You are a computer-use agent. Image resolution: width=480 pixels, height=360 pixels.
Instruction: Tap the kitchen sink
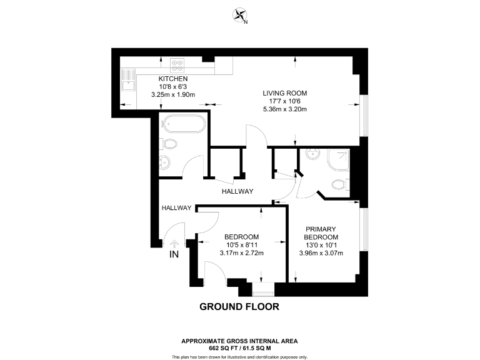(x=129, y=81)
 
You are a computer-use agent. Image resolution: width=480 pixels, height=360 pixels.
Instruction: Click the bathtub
(x=182, y=124)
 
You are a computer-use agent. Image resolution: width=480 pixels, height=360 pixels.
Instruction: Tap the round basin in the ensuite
(x=312, y=156)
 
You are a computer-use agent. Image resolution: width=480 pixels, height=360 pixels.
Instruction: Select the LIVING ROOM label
(x=284, y=93)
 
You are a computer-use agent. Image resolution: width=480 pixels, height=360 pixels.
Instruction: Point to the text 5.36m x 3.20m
(x=284, y=109)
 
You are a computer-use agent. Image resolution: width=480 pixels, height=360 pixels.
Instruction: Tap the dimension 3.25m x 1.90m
(x=173, y=94)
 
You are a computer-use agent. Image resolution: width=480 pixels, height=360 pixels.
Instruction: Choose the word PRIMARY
(x=321, y=229)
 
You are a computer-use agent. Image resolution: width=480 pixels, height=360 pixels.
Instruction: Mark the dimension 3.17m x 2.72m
(x=242, y=253)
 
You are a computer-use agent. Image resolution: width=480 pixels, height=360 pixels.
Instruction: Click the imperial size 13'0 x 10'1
(x=321, y=245)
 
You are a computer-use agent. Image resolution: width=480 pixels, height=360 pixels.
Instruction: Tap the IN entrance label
(x=174, y=255)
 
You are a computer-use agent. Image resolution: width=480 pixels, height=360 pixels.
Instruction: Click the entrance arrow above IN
(x=174, y=244)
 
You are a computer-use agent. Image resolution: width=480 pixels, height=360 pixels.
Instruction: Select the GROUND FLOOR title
(x=239, y=307)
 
